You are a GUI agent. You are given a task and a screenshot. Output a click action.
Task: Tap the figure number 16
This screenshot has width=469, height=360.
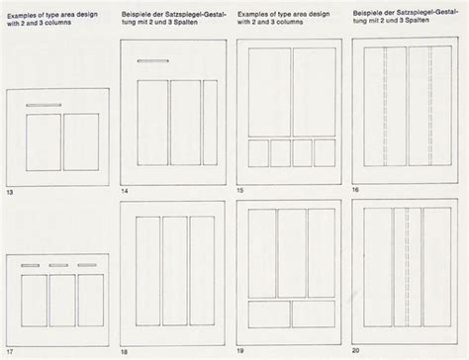point(355,188)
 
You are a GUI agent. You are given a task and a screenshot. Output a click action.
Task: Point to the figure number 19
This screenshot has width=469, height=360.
point(241,350)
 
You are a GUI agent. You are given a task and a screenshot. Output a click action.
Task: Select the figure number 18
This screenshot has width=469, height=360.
point(125,350)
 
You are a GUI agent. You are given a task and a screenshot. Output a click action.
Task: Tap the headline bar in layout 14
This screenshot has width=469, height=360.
point(152,61)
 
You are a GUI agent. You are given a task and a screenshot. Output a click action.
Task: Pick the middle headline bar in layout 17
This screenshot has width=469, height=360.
point(61,265)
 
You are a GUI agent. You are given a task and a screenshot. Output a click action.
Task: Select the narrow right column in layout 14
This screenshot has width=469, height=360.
point(210,123)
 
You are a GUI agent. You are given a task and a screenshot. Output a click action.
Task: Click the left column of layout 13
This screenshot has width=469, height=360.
point(43,141)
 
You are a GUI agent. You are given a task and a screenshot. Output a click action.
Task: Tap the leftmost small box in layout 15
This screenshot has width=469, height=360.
point(257,152)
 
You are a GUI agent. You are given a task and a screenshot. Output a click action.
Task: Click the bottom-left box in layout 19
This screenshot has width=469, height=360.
point(268,315)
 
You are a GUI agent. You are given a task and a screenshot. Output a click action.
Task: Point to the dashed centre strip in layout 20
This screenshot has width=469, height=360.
point(406,267)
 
